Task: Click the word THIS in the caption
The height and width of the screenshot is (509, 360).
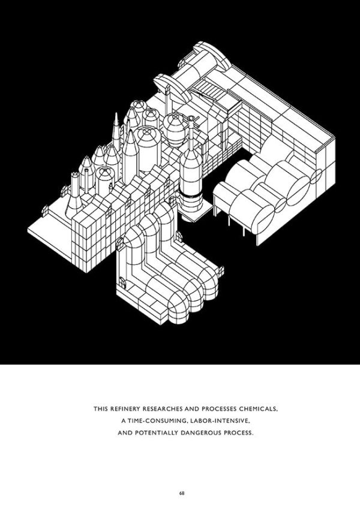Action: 100,409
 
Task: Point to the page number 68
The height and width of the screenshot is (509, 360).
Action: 182,493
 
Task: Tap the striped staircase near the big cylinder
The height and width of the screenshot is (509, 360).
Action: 211,90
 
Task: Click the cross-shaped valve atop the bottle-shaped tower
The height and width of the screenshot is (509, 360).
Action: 191,119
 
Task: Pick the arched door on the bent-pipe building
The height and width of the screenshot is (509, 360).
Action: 122,283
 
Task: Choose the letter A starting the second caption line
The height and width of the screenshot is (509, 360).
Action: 124,421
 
